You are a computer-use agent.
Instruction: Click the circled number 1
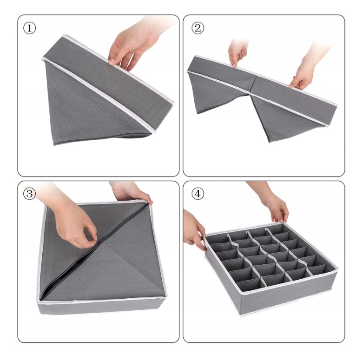click(30, 28)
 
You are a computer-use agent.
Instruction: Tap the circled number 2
click(197, 28)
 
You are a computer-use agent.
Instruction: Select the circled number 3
click(30, 194)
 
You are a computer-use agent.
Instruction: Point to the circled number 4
click(197, 194)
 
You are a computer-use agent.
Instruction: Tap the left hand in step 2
click(238, 52)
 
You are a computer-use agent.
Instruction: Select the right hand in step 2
click(308, 67)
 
